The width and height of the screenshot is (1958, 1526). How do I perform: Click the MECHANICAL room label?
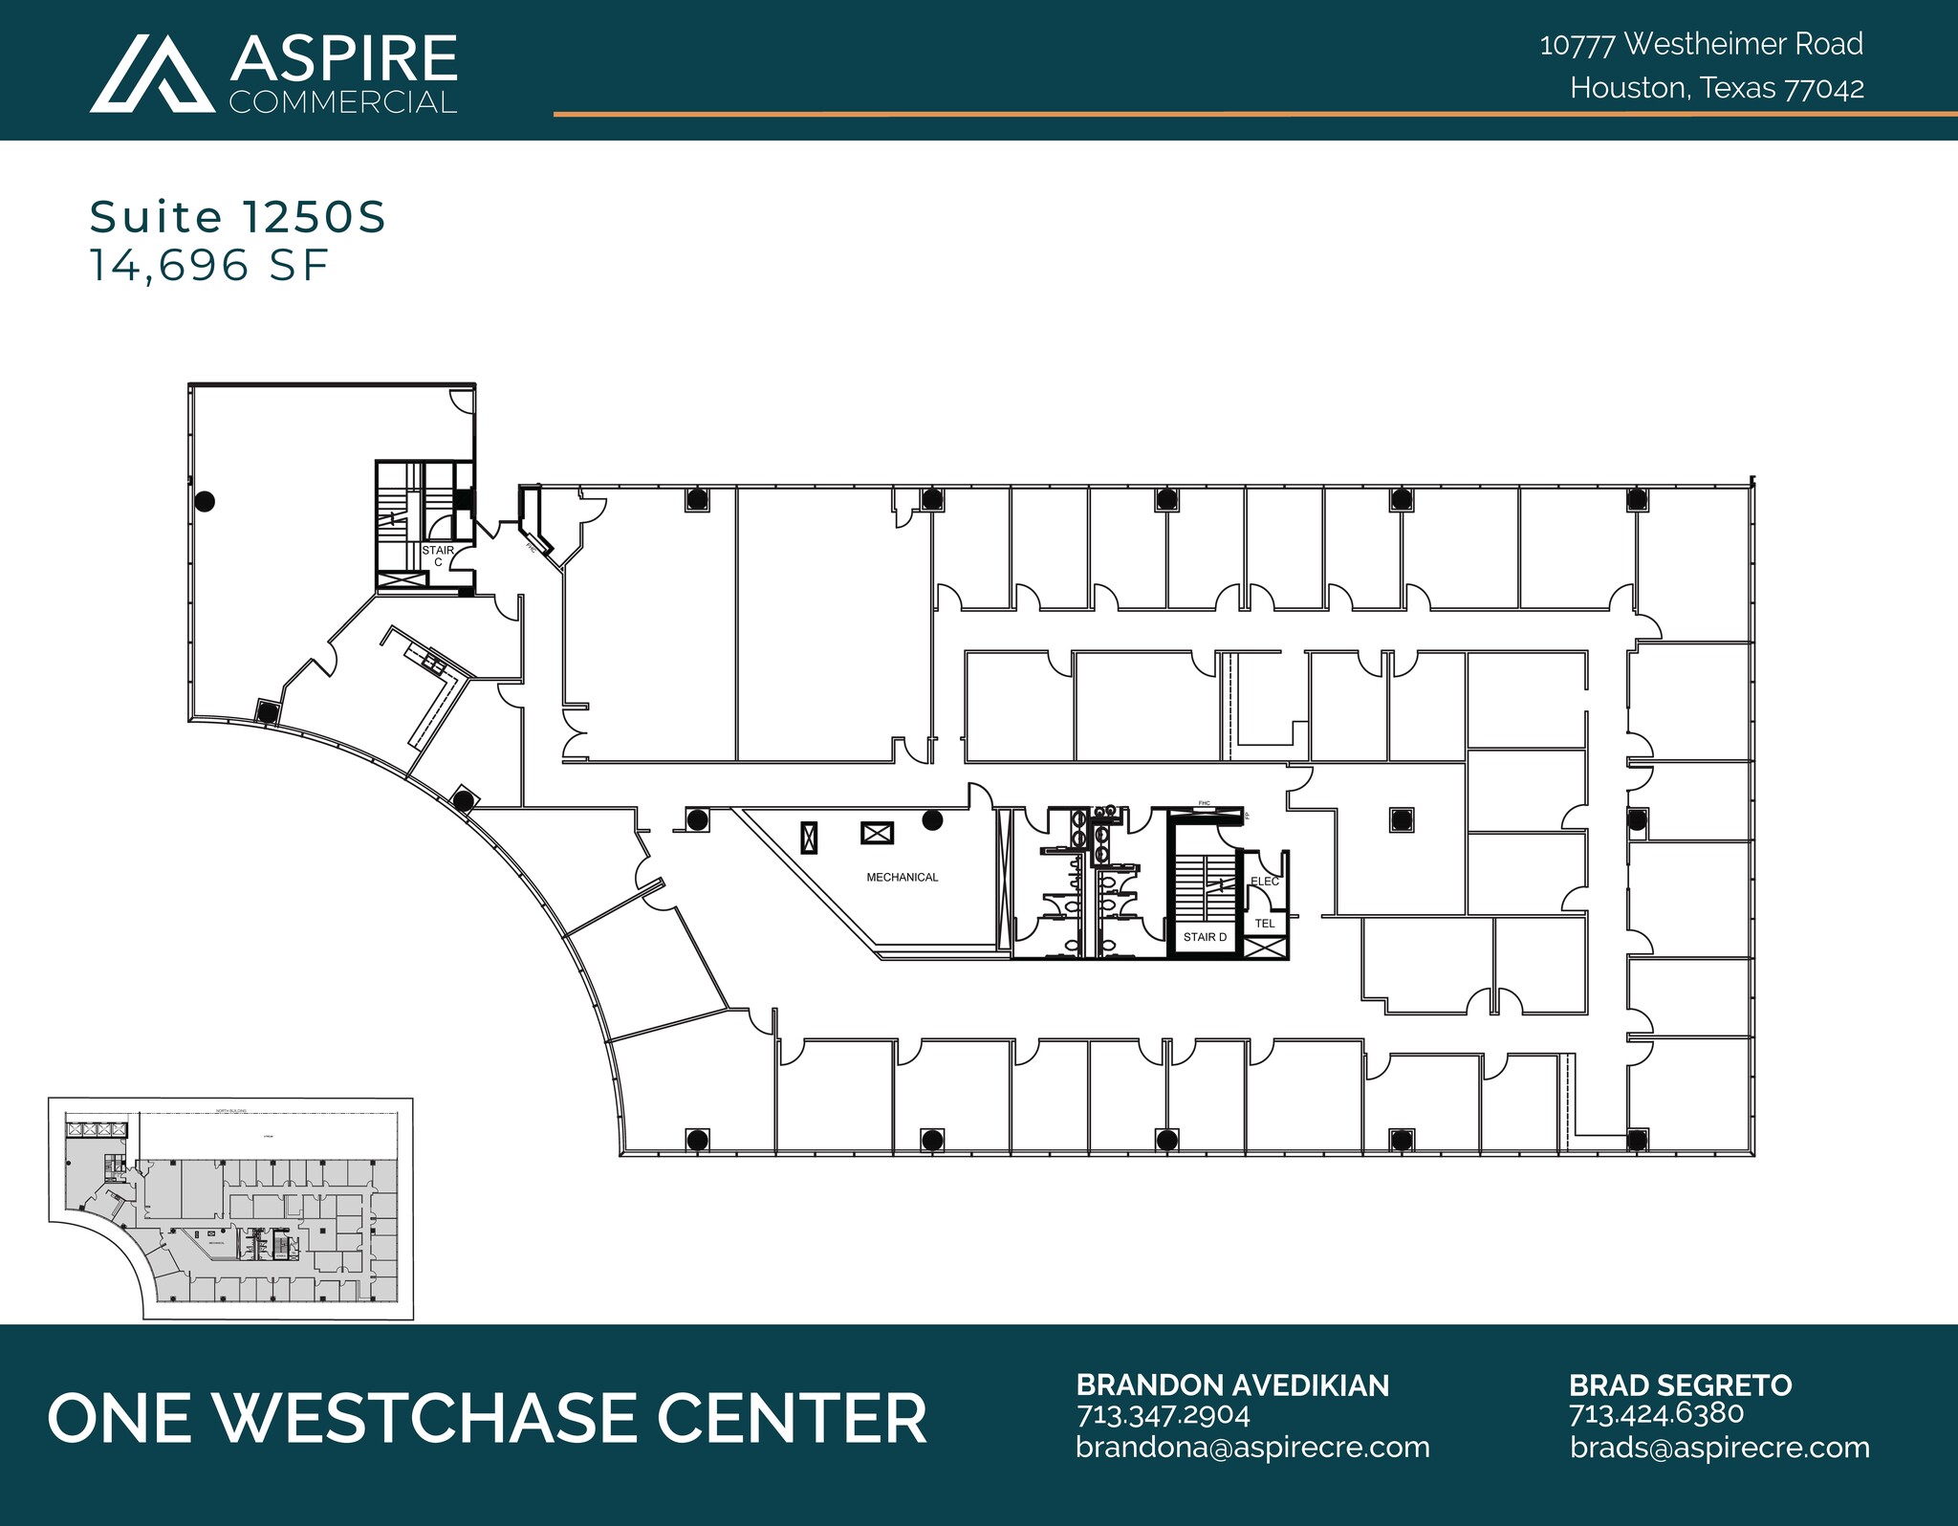pyautogui.click(x=902, y=877)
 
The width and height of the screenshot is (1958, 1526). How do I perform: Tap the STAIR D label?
pyautogui.click(x=1204, y=937)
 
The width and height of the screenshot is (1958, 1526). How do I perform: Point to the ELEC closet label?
pyautogui.click(x=1264, y=882)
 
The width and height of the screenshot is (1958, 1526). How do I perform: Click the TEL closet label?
pyautogui.click(x=1264, y=924)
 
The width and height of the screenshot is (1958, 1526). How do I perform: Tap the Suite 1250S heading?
pyautogui.click(x=237, y=218)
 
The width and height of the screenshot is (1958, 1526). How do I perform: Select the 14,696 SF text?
pyautogui.click(x=209, y=265)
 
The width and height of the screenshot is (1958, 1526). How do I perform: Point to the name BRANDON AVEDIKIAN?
pyautogui.click(x=1232, y=1385)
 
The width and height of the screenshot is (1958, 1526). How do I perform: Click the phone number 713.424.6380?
pyautogui.click(x=1656, y=1413)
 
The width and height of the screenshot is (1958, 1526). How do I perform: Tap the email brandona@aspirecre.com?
pyautogui.click(x=1252, y=1448)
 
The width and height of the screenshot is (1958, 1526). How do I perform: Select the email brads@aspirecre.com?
pyautogui.click(x=1719, y=1448)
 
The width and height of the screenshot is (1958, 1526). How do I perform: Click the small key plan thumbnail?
pyautogui.click(x=230, y=1209)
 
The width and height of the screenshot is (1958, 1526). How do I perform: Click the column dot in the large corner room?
pyautogui.click(x=204, y=500)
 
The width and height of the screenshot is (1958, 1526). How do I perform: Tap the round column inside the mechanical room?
pyautogui.click(x=932, y=819)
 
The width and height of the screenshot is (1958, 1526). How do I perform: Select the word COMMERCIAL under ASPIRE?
pyautogui.click(x=342, y=102)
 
